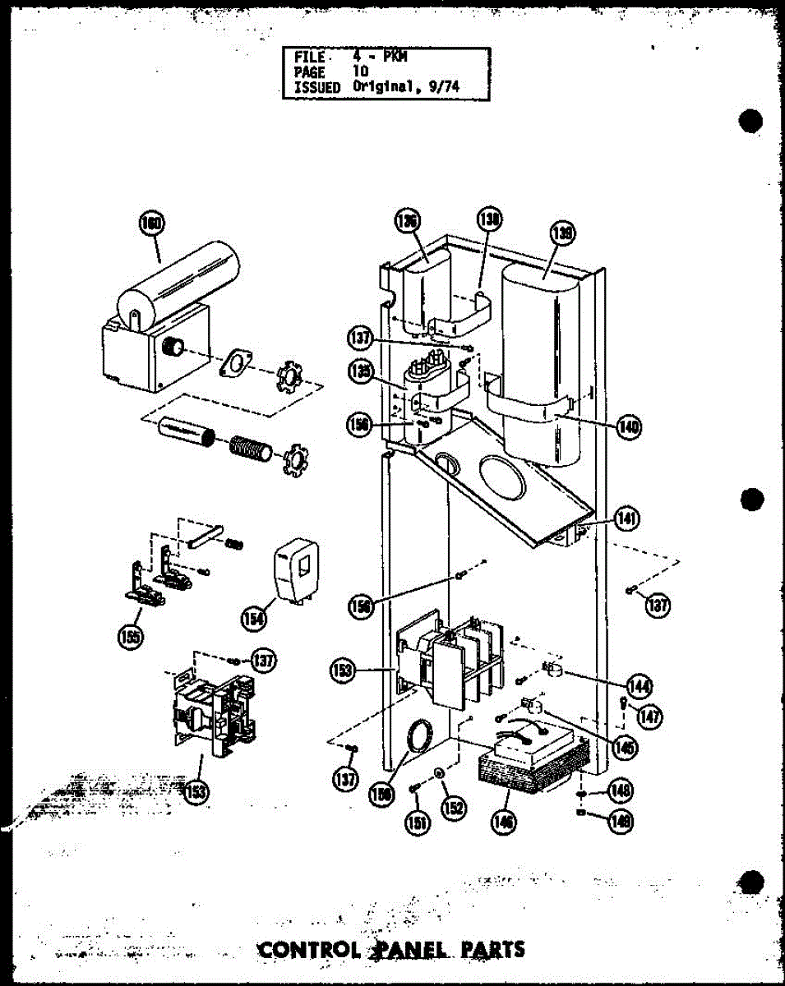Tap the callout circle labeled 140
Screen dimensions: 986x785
pyautogui.click(x=630, y=426)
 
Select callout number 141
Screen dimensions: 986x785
pyautogui.click(x=629, y=519)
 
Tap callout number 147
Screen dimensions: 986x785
pyautogui.click(x=649, y=717)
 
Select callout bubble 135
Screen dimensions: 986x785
pyautogui.click(x=359, y=373)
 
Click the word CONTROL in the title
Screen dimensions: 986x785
pyautogui.click(x=308, y=950)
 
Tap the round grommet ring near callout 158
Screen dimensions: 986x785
pyautogui.click(x=420, y=735)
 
